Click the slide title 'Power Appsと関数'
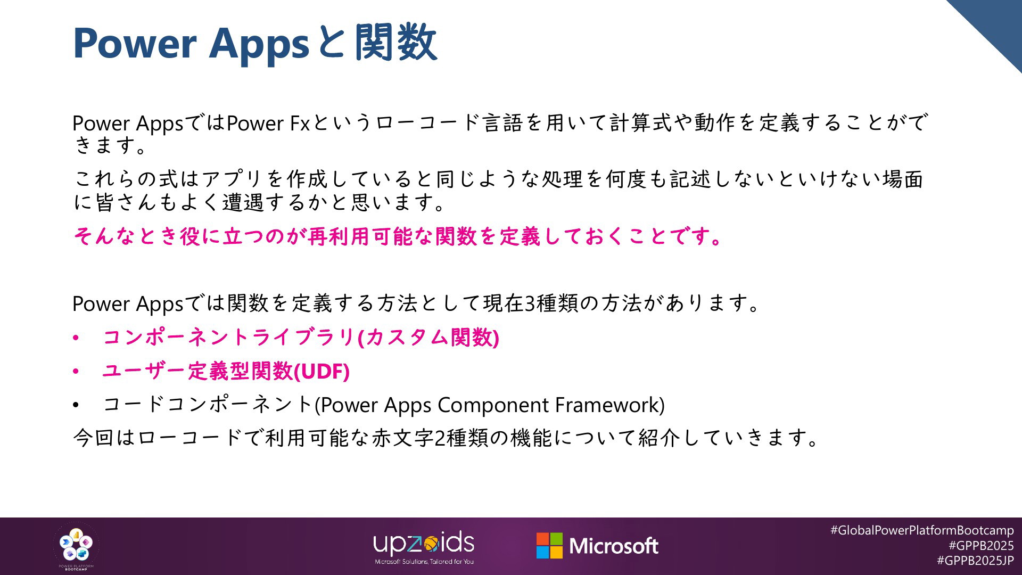[x=255, y=43]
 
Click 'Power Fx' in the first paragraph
[x=268, y=123]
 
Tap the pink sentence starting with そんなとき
[x=398, y=236]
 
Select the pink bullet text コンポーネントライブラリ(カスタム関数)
[x=301, y=338]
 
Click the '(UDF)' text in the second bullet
[x=322, y=371]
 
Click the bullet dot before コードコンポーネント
[x=76, y=406]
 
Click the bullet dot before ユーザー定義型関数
[x=76, y=372]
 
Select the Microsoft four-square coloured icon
[x=549, y=546]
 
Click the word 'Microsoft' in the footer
[x=614, y=546]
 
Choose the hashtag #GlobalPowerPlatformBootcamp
[x=922, y=530]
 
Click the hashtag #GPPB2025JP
[x=975, y=561]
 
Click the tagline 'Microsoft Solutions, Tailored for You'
[x=424, y=562]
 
